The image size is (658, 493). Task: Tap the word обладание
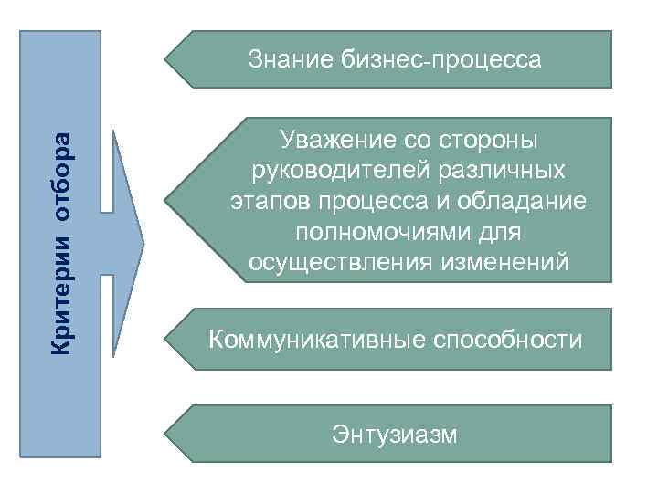point(525,201)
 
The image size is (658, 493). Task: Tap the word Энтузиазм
point(395,432)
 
